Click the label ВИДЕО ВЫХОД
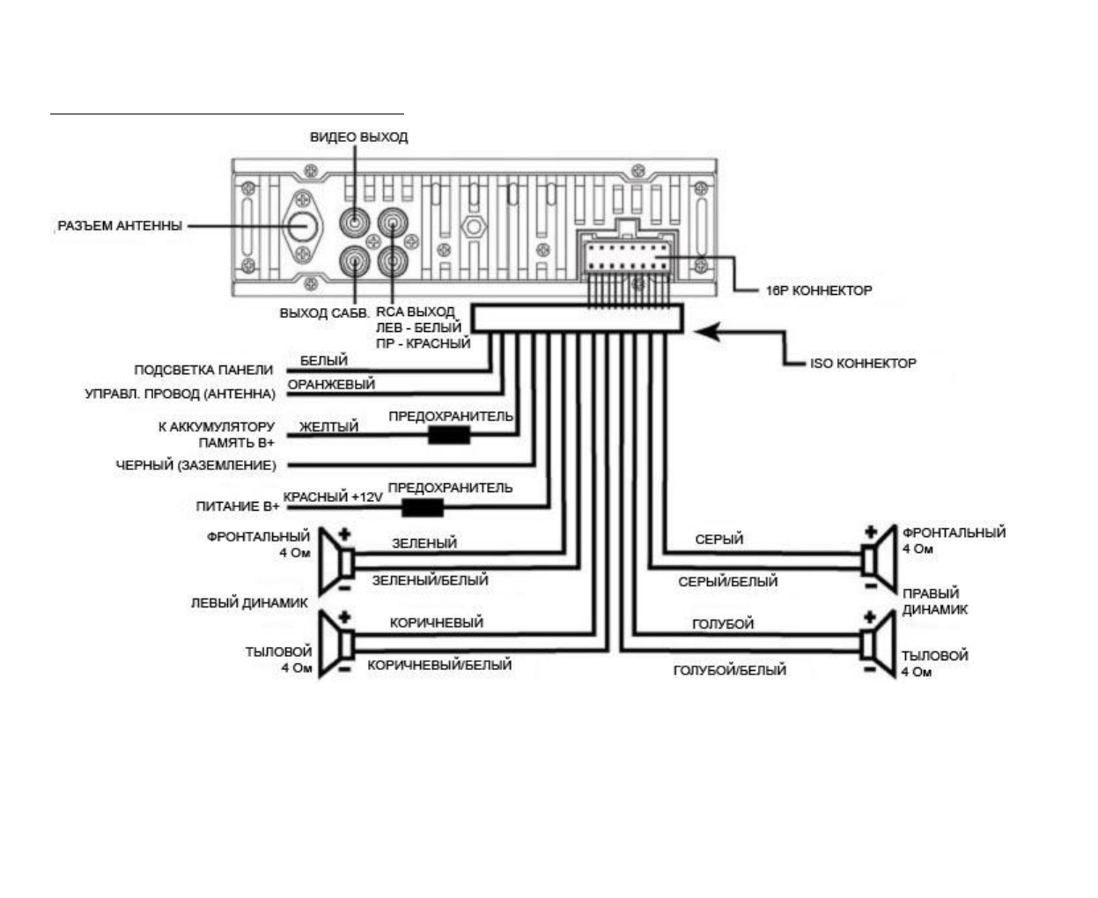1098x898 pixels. (x=358, y=137)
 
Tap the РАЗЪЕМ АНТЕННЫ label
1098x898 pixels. (x=120, y=225)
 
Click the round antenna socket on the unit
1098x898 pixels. (x=303, y=226)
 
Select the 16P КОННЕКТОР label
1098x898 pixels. (x=818, y=291)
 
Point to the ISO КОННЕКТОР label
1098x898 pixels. (x=863, y=364)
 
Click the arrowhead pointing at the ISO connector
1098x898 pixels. (x=708, y=332)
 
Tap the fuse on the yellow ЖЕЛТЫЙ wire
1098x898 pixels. (x=449, y=435)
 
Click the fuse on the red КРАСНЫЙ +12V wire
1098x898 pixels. (x=423, y=507)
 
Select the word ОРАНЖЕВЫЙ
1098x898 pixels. (x=331, y=384)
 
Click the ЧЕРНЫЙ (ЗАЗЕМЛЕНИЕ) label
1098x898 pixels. (x=195, y=465)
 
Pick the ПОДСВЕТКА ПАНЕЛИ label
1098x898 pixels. (x=203, y=370)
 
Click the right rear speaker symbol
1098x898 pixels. (x=878, y=644)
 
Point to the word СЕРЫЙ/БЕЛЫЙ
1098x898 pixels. (x=728, y=581)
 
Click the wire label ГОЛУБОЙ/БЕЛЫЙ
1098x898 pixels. (x=730, y=670)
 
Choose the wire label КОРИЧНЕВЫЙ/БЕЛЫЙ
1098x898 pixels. (x=439, y=665)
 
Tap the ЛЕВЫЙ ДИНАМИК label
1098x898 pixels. (x=249, y=603)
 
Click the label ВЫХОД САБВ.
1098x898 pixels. (x=324, y=313)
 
